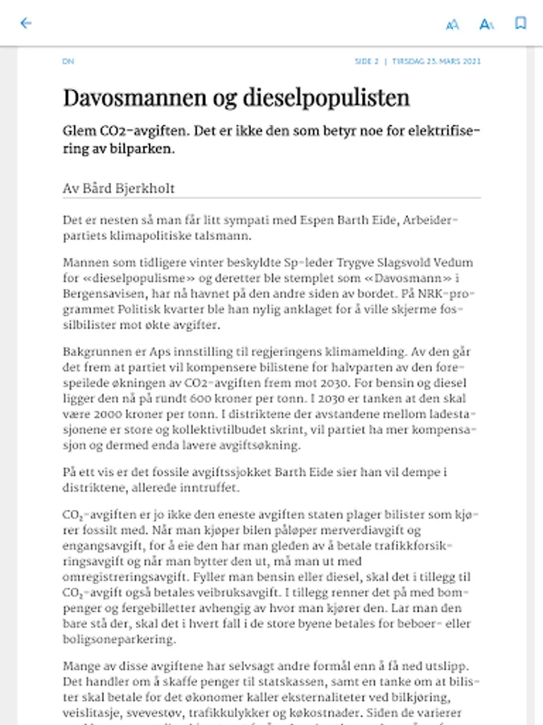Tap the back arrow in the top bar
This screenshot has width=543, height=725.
pyautogui.click(x=26, y=23)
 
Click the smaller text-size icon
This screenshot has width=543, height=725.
pyautogui.click(x=452, y=24)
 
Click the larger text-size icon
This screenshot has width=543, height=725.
pyautogui.click(x=486, y=24)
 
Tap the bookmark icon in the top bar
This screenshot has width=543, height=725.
pyautogui.click(x=520, y=23)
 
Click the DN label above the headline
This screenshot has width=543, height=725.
pyautogui.click(x=68, y=61)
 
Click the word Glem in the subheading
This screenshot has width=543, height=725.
pyautogui.click(x=80, y=131)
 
